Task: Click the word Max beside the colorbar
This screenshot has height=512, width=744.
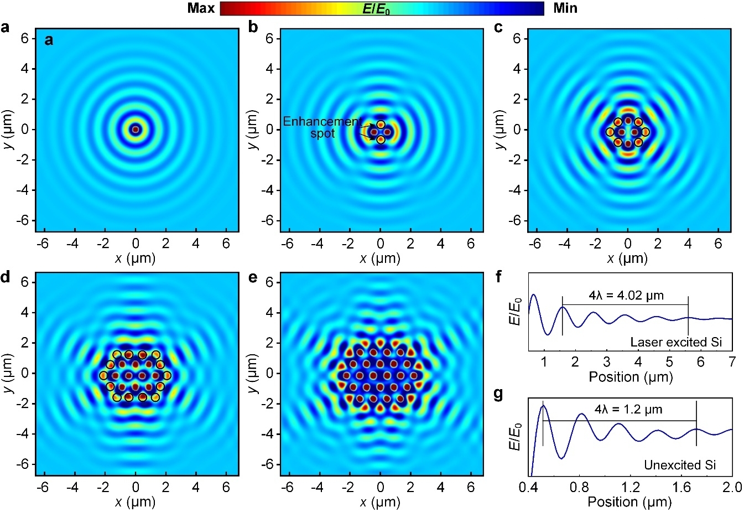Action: [x=201, y=8]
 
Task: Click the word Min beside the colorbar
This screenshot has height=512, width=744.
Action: [x=565, y=8]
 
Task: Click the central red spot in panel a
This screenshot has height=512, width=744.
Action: [x=136, y=130]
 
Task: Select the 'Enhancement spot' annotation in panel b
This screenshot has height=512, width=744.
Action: [x=322, y=127]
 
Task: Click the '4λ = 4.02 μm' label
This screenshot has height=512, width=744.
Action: [x=626, y=296]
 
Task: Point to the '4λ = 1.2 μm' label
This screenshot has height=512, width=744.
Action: [x=628, y=410]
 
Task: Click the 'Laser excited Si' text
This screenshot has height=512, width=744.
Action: [x=676, y=342]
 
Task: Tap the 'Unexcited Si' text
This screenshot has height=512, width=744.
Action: [x=680, y=465]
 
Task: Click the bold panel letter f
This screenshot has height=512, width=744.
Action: [x=498, y=276]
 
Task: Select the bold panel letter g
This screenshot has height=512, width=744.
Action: [x=498, y=394]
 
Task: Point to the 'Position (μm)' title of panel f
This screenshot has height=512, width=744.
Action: [x=630, y=377]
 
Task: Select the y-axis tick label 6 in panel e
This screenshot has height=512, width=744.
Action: [x=269, y=282]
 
